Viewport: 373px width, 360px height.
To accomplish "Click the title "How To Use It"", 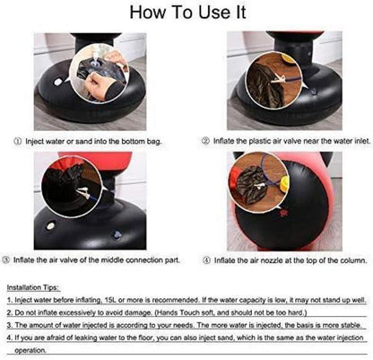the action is pyautogui.click(x=187, y=13).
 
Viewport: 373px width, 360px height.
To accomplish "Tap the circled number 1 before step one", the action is pyautogui.click(x=18, y=141).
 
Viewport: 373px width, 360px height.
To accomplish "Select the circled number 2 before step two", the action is pyautogui.click(x=205, y=141).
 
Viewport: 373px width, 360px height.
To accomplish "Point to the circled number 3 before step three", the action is pyautogui.click(x=6, y=259).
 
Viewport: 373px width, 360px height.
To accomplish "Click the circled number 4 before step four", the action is pyautogui.click(x=206, y=260).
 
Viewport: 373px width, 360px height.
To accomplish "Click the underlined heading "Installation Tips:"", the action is pyautogui.click(x=33, y=287).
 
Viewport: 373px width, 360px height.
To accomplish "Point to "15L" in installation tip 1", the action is pyautogui.click(x=111, y=300).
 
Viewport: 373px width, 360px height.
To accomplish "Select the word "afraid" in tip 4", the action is pyautogui.click(x=54, y=338).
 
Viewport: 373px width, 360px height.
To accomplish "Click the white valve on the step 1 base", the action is pyautogui.click(x=58, y=82).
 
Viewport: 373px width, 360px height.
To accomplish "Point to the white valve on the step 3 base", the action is pyautogui.click(x=50, y=225).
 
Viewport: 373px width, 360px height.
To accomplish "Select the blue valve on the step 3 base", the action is pyautogui.click(x=117, y=234).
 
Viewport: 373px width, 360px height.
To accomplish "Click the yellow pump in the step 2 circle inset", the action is pyautogui.click(x=289, y=58).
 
